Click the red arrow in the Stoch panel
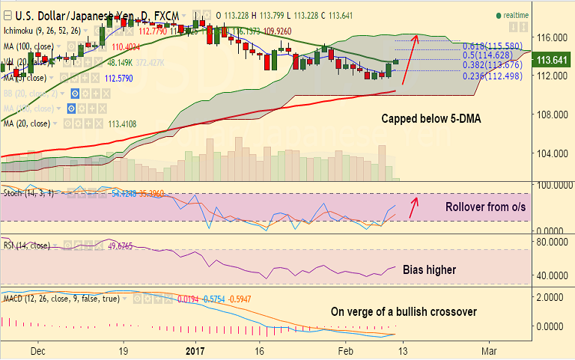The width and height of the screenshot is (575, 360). click(x=414, y=207)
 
